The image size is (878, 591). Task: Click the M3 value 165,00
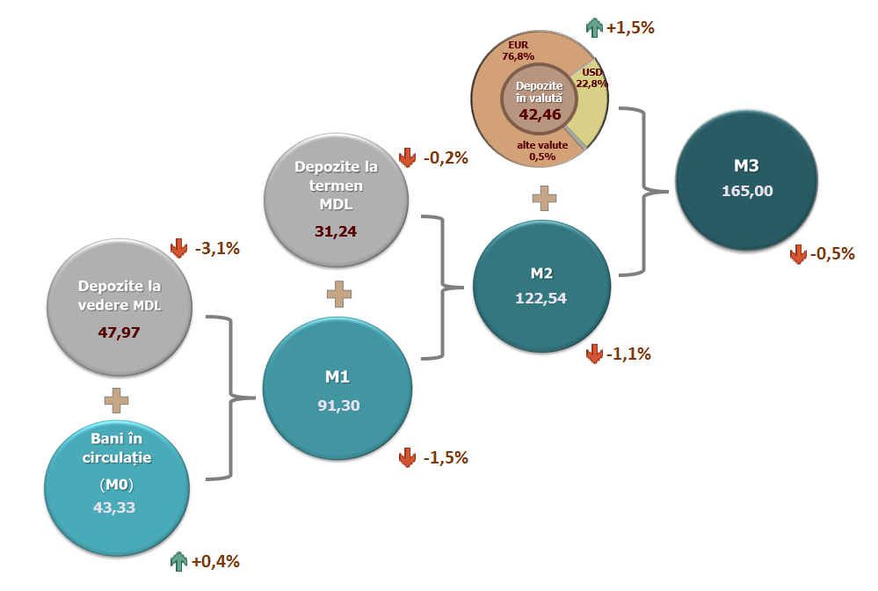747,190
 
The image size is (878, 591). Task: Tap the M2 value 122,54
541,297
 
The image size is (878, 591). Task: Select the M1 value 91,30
338,405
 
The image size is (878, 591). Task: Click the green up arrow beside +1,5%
594,27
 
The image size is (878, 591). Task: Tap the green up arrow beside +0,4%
179,561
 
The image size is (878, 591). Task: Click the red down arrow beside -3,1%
179,248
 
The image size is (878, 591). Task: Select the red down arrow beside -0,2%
407,158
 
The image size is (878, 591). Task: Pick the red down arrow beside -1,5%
407,457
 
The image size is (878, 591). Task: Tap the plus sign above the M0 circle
116,401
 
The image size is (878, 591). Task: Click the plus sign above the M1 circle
338,295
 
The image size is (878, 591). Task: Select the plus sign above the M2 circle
545,198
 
